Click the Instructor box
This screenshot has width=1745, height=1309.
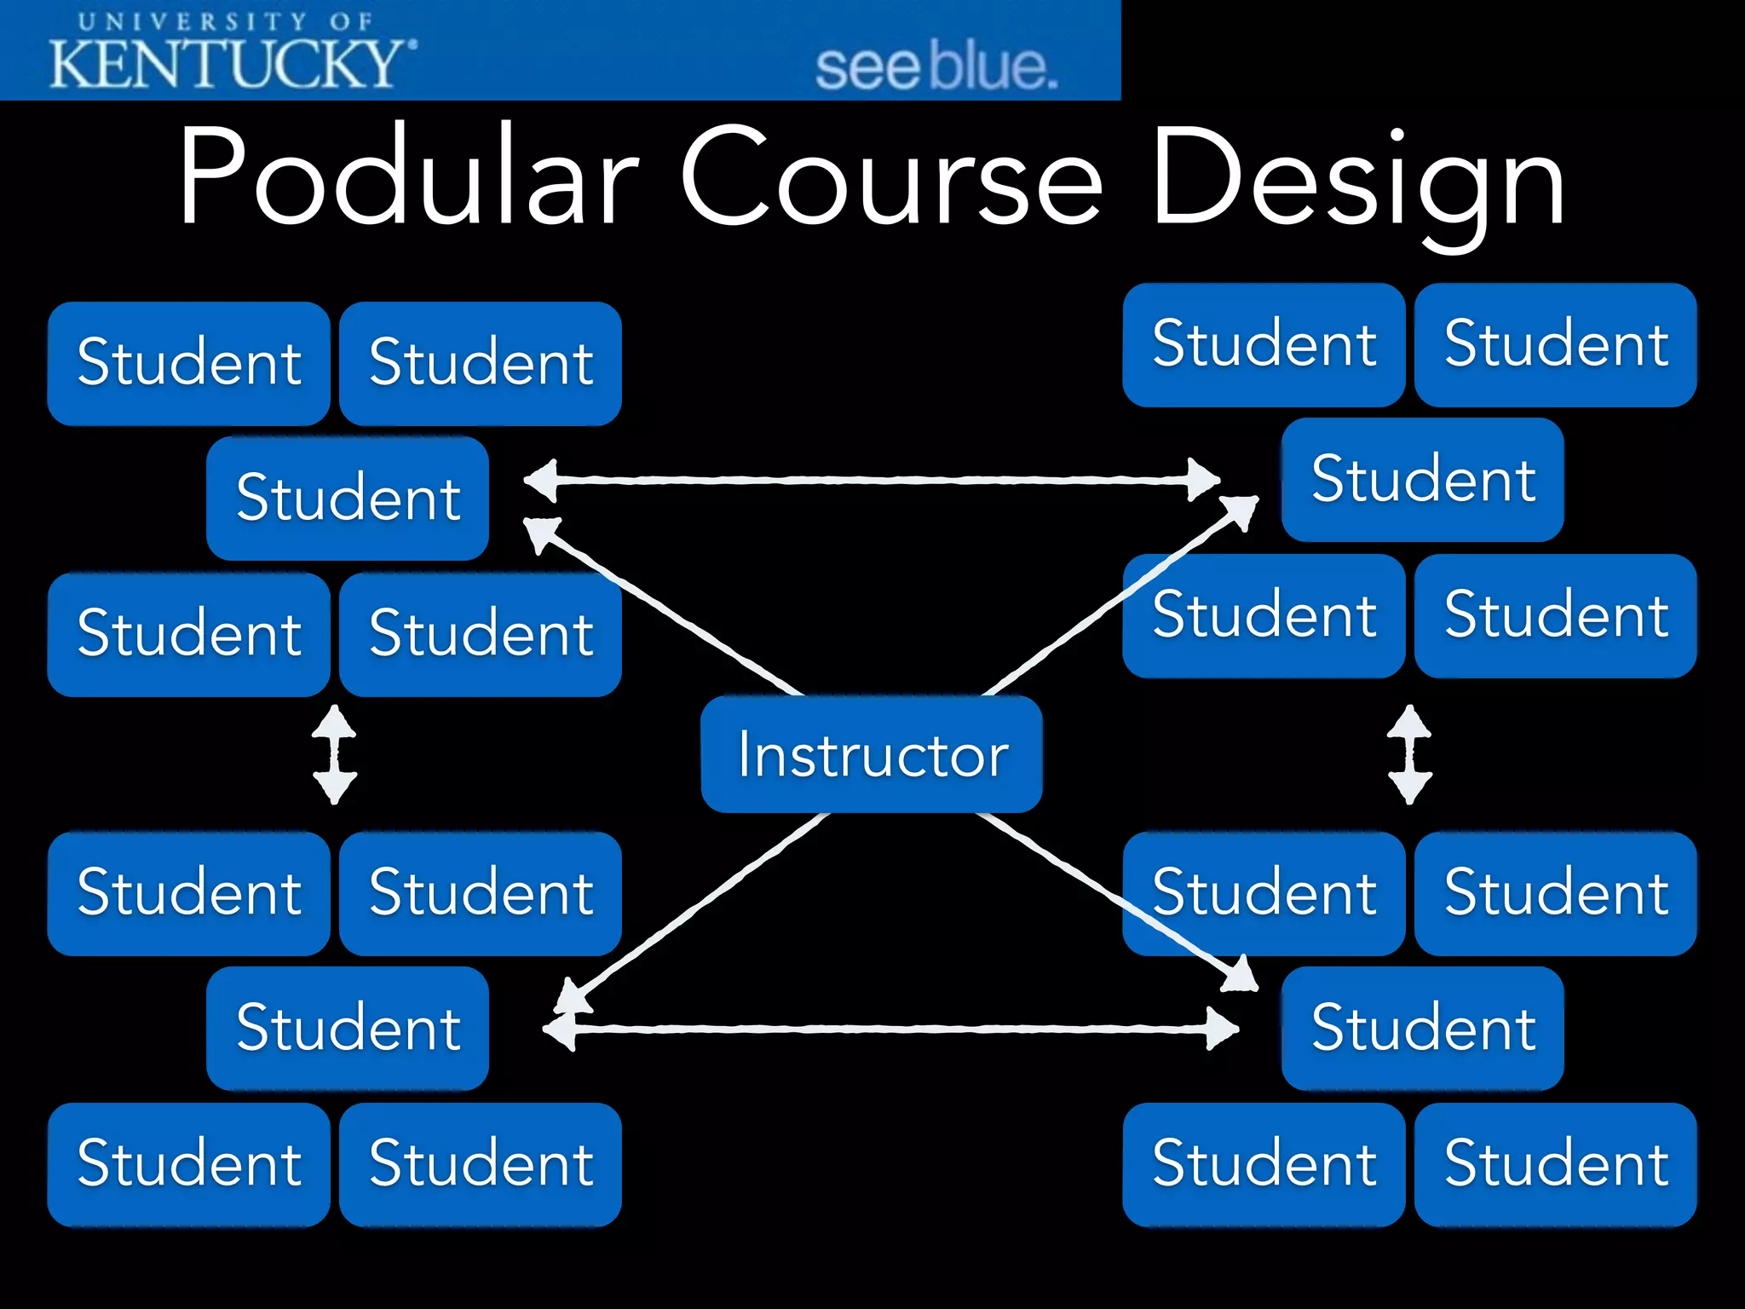click(871, 754)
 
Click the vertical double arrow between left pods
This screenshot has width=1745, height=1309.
click(334, 754)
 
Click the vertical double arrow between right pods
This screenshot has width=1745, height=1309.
click(1409, 754)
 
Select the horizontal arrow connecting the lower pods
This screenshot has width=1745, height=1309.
click(890, 1029)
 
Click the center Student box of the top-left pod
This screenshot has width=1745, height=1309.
click(348, 498)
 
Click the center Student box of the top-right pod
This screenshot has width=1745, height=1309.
click(1422, 479)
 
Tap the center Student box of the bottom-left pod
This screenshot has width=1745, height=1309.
click(348, 1028)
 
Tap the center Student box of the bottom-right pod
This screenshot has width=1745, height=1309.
click(1422, 1028)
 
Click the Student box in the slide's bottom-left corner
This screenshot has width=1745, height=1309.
click(188, 1164)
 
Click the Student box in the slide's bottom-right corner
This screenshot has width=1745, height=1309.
click(1555, 1164)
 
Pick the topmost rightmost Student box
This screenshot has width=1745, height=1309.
click(1555, 344)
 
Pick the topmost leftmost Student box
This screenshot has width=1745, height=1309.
click(188, 363)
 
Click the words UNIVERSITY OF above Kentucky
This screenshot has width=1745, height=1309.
click(226, 21)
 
